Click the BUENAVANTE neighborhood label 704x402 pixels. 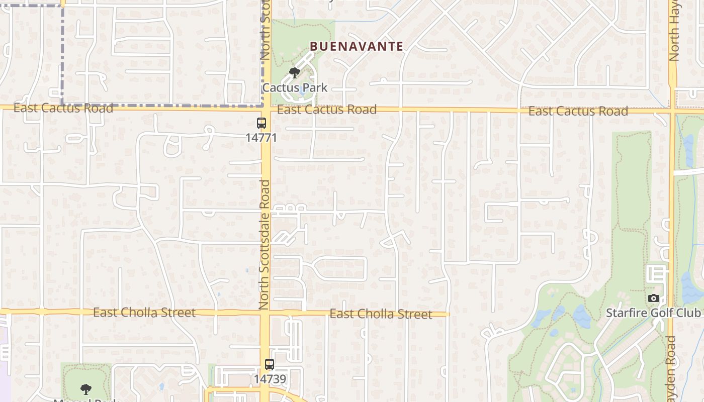[x=357, y=47]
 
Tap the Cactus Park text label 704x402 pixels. [x=295, y=87]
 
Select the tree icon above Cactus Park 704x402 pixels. [x=295, y=73]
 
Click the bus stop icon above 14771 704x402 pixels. [x=261, y=123]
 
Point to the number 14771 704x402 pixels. [x=261, y=137]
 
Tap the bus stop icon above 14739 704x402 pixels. [x=270, y=364]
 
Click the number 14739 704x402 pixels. [x=270, y=379]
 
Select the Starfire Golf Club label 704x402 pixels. [x=653, y=313]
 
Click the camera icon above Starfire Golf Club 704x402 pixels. [x=654, y=298]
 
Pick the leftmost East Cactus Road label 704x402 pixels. [x=63, y=108]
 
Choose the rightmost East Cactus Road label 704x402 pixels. [x=578, y=111]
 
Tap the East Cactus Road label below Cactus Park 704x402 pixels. [x=327, y=110]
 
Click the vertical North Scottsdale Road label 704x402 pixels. [x=265, y=245]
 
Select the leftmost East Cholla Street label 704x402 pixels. [x=144, y=313]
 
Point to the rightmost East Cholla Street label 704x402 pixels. [x=381, y=315]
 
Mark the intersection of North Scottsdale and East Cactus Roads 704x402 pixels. [x=266, y=108]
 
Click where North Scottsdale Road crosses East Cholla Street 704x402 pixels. [x=266, y=313]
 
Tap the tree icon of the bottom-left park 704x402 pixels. [x=86, y=389]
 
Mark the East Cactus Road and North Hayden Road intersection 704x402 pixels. [x=672, y=111]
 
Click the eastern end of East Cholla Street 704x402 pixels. [x=447, y=315]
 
